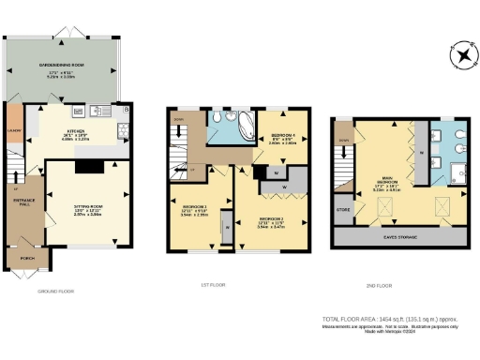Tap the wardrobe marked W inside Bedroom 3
coord(226,224)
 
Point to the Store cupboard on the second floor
coord(344,209)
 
